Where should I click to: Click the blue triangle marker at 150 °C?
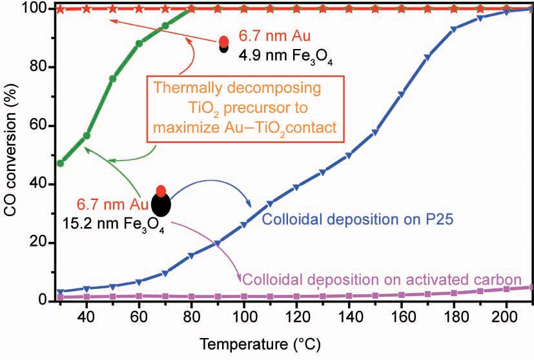375,133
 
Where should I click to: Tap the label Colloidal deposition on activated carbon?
381,279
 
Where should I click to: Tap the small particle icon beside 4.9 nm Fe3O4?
224,44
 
